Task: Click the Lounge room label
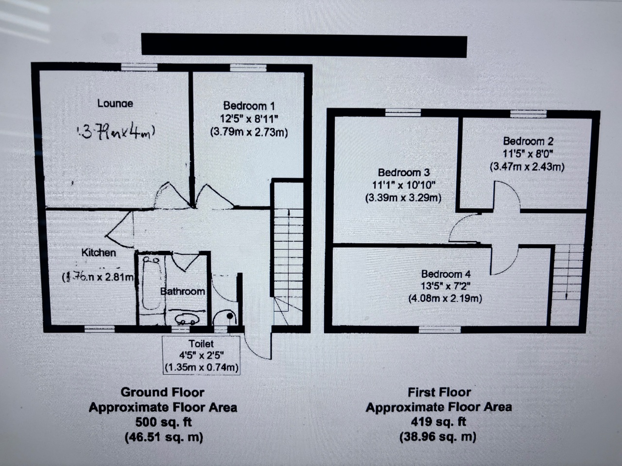pyautogui.click(x=115, y=103)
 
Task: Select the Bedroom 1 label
pyautogui.click(x=249, y=106)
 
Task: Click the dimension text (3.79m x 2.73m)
pyautogui.click(x=249, y=132)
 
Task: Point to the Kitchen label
pyautogui.click(x=99, y=253)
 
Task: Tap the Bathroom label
pyautogui.click(x=183, y=291)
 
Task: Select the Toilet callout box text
pyautogui.click(x=201, y=355)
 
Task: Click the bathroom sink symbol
pyautogui.click(x=186, y=320)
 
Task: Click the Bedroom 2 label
pyautogui.click(x=528, y=141)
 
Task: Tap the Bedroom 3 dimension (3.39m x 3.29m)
pyautogui.click(x=403, y=198)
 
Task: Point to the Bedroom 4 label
pyautogui.click(x=446, y=274)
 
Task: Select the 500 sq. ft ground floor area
pyautogui.click(x=163, y=422)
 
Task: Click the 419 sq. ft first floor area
pyautogui.click(x=438, y=421)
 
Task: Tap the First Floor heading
pyautogui.click(x=439, y=392)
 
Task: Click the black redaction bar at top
pyautogui.click(x=304, y=45)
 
